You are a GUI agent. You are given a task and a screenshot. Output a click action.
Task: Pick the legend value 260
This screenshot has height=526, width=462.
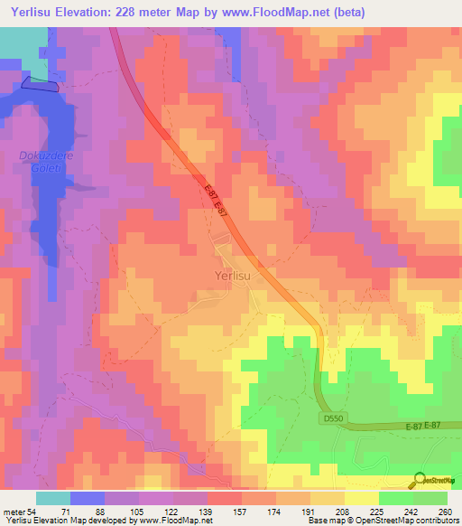(444, 512)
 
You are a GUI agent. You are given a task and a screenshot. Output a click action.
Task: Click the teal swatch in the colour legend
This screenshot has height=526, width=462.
(52, 498)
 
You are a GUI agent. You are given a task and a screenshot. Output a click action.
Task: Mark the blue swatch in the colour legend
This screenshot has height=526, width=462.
(87, 498)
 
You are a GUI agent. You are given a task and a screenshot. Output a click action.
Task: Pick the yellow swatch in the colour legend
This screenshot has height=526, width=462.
(361, 498)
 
